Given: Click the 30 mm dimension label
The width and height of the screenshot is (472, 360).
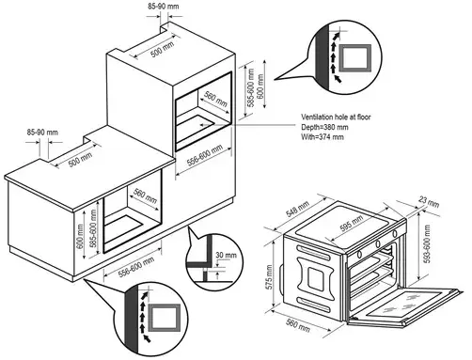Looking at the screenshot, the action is coord(226,255).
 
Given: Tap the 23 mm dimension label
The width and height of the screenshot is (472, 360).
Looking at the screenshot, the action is coord(429,202).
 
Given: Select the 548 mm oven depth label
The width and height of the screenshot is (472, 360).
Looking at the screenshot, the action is coord(298,209).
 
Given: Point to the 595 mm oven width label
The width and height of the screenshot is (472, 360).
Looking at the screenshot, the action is coord(352,223).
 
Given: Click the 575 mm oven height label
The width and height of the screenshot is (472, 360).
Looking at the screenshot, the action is coord(268,277).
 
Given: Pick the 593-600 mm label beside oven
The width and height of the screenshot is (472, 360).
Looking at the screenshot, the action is coord(426,244).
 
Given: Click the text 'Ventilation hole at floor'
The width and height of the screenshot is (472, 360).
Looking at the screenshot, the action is coord(336,117).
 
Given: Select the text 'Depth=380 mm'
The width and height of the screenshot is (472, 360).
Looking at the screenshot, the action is coord(324,127).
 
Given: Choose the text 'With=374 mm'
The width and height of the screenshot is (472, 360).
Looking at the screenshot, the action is coord(323,137).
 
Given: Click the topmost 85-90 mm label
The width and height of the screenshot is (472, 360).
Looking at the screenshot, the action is coord(164,6).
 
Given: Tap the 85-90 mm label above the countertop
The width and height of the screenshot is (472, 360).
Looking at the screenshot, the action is coord(42,133).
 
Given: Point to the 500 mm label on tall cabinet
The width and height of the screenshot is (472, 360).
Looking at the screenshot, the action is coord(162,50).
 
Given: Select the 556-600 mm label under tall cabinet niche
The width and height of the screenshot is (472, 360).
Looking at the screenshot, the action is coord(205,155).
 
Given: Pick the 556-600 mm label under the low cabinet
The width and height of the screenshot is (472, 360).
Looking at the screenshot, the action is coord(136,267).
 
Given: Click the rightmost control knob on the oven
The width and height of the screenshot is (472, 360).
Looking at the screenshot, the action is coord(394,233).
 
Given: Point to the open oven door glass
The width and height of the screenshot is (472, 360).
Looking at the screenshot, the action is coord(407,304).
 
